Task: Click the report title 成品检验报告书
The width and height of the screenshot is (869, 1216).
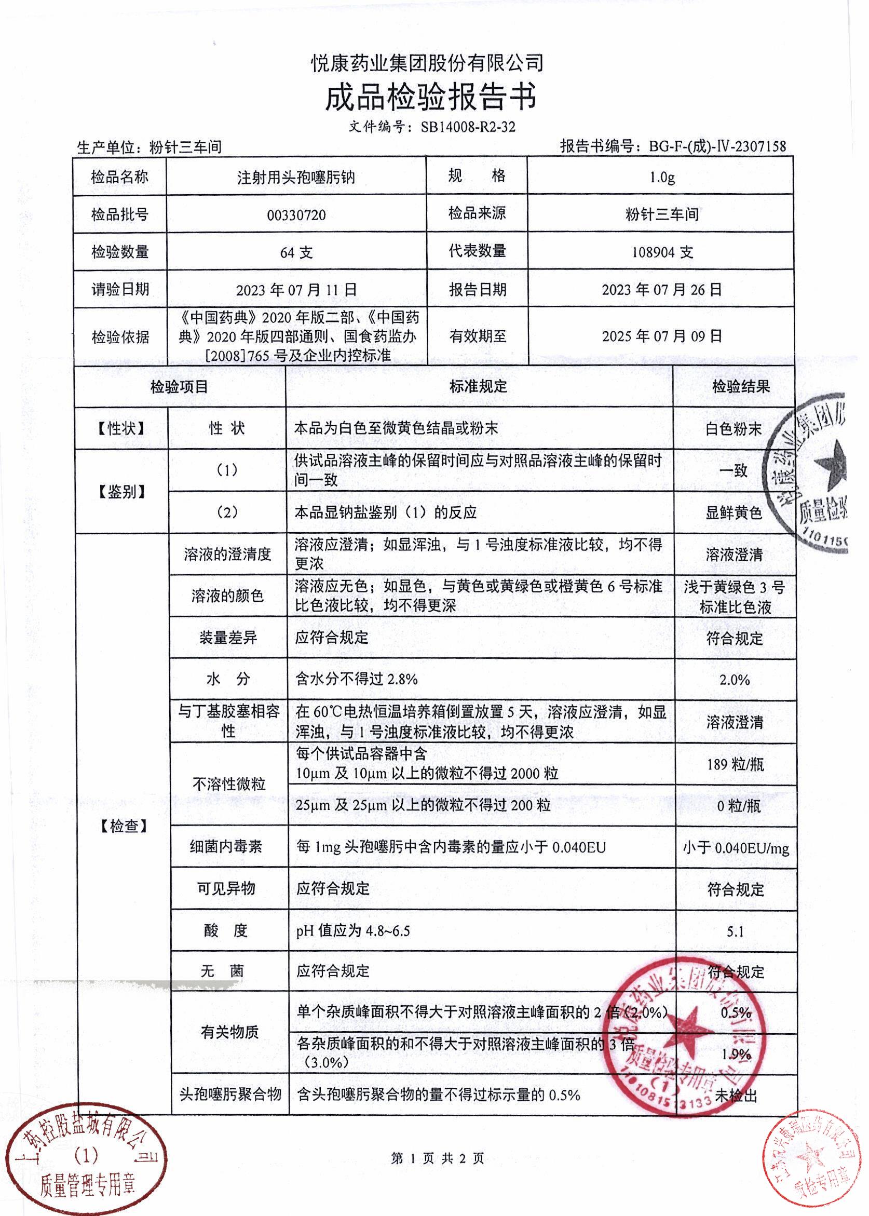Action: [x=431, y=98]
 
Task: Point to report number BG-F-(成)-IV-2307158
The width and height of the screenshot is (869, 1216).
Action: [x=717, y=146]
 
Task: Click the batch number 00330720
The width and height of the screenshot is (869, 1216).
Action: [x=296, y=215]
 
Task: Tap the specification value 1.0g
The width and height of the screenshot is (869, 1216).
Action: [x=662, y=177]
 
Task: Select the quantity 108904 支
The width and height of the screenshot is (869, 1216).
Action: [x=662, y=252]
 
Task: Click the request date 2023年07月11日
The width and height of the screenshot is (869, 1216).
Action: [x=296, y=290]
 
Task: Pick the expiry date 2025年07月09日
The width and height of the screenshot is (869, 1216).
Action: [x=662, y=336]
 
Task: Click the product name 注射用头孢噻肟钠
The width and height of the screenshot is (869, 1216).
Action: [x=296, y=177]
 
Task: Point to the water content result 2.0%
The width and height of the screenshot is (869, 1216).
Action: [x=734, y=680]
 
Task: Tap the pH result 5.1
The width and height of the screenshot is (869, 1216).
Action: [x=735, y=932]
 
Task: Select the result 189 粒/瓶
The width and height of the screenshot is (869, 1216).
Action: [x=735, y=764]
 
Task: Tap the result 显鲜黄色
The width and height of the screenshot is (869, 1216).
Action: [x=733, y=513]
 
